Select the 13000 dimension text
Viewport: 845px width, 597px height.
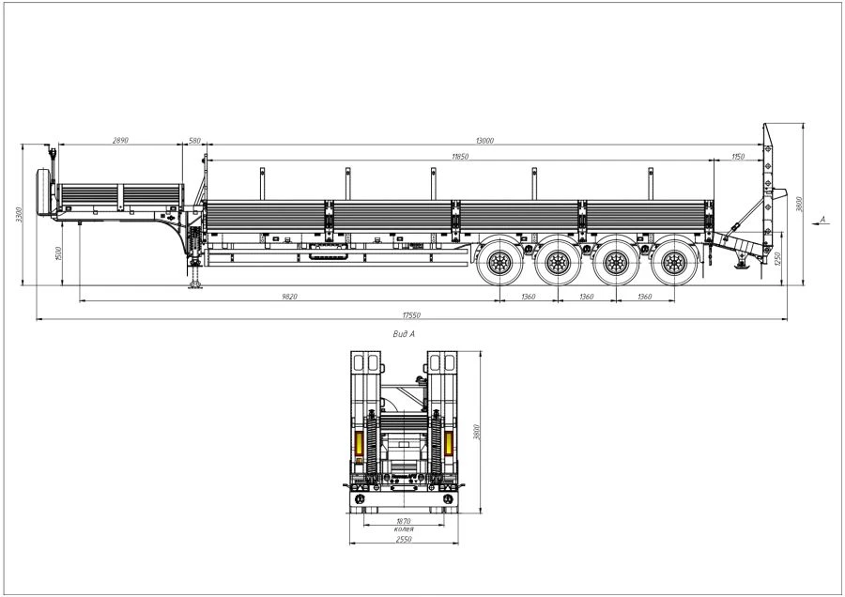point(484,141)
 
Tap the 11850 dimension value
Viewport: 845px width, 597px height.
point(459,157)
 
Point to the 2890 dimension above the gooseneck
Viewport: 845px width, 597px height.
point(119,141)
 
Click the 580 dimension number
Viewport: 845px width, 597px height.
point(195,141)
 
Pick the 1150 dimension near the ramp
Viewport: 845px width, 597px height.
point(738,157)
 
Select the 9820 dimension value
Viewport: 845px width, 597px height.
point(289,297)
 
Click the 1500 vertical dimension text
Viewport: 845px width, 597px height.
point(60,253)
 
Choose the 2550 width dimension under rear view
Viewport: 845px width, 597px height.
point(404,539)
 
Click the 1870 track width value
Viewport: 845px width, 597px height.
point(404,520)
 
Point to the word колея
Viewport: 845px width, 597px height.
point(404,528)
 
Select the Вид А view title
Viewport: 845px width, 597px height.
point(405,333)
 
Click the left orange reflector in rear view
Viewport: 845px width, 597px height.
point(358,445)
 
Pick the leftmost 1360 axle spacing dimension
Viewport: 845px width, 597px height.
point(527,297)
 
